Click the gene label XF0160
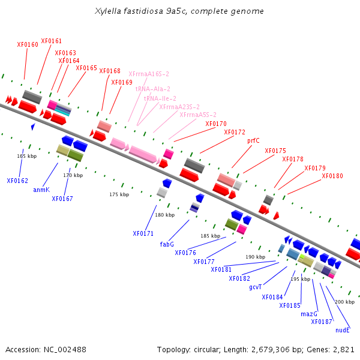[28, 44]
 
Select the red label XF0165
[86, 68]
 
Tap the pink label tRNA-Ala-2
[152, 89]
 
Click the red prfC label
[253, 140]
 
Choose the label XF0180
[332, 176]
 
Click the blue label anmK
[41, 190]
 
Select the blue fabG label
[167, 244]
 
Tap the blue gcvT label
[256, 287]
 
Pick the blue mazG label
[309, 314]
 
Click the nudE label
[343, 330]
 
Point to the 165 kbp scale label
[26, 156]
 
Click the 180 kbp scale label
[164, 215]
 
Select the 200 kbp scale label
[345, 302]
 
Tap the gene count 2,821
[343, 349]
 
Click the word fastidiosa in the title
[147, 11]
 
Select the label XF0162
[17, 181]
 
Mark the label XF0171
[143, 233]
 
